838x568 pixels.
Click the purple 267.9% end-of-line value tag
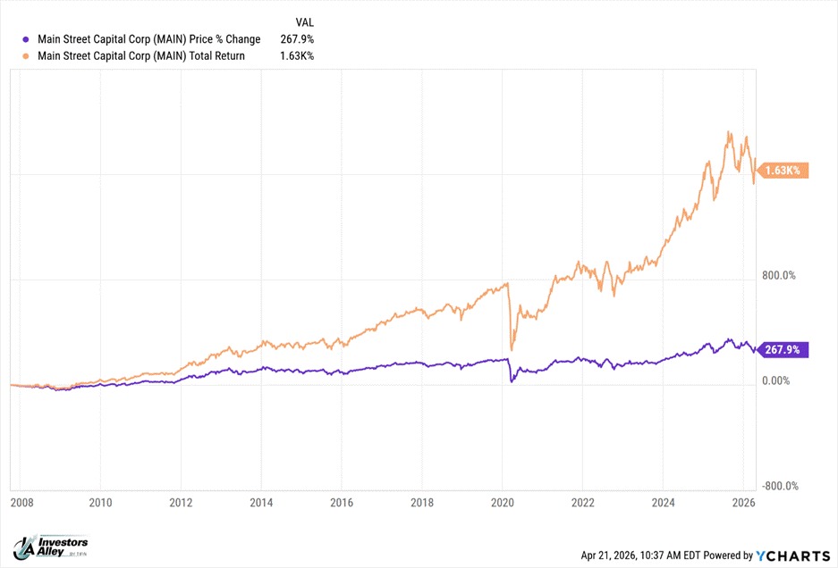coord(783,350)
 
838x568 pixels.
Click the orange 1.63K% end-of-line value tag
coord(784,171)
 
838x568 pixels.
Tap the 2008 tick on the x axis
coord(23,503)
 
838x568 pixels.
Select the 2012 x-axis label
coord(181,503)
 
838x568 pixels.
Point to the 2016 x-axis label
coord(342,503)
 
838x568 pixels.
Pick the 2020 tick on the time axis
coord(502,503)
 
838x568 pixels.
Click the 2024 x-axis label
coord(663,503)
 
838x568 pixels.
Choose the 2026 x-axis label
coord(742,503)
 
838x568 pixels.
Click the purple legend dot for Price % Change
coord(26,39)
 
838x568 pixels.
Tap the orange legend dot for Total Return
coord(26,56)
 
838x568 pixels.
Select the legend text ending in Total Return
coord(140,56)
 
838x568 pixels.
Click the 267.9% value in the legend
coord(297,39)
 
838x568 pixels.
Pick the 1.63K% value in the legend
coord(297,56)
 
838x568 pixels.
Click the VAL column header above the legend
coord(304,21)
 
